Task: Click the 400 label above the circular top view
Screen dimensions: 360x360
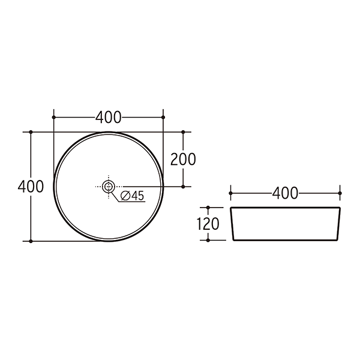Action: tap(109, 117)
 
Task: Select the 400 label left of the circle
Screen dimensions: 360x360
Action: tap(31, 186)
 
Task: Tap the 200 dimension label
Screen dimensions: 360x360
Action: tap(184, 159)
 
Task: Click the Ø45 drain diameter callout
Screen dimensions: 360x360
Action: tap(132, 196)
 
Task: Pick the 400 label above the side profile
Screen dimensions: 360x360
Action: tap(285, 193)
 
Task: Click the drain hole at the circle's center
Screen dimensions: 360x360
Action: tap(109, 187)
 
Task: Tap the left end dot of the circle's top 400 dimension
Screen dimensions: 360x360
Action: tap(54, 117)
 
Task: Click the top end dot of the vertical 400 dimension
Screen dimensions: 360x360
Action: tap(31, 131)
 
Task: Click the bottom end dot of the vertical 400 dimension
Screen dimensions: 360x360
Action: tap(31, 241)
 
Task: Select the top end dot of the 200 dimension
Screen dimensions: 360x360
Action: tap(184, 131)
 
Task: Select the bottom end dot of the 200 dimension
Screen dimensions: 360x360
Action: tap(184, 187)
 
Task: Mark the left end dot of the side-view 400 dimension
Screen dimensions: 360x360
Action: tap(231, 193)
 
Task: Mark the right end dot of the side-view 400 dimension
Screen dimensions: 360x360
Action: tap(340, 193)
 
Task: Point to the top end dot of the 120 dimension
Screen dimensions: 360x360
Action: tap(208, 208)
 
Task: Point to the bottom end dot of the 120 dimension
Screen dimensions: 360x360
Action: tap(208, 240)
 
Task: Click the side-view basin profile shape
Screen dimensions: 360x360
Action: tap(286, 224)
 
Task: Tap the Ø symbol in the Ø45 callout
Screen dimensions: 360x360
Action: tap(125, 196)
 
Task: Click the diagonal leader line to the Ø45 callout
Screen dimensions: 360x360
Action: tap(114, 196)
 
